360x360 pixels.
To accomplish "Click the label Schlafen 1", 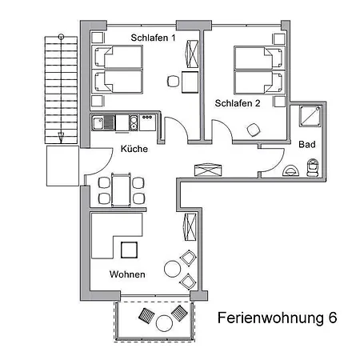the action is [153, 38].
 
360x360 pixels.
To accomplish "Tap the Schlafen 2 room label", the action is [238, 103].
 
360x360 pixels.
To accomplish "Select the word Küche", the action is [134, 149].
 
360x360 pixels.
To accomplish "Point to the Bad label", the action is [307, 144].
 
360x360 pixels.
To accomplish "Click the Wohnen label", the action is [127, 274].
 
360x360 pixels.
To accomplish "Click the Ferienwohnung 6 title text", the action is [277, 318].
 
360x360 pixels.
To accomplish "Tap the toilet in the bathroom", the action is [313, 167].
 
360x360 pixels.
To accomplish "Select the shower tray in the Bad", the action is [310, 116].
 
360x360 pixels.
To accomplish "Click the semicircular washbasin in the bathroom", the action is [290, 171].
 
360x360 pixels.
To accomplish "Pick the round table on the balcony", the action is [164, 323].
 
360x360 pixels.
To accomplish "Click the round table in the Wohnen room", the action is [173, 269].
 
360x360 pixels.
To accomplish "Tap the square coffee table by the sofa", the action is [130, 250].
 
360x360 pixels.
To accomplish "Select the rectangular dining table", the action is [121, 190].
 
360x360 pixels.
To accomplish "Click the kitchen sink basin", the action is [98, 123].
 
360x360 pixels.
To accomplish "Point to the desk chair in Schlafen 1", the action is [173, 81].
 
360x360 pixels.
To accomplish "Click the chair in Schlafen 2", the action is [254, 130].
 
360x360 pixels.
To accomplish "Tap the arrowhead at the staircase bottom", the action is [61, 138].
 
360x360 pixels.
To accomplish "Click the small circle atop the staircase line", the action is [61, 36].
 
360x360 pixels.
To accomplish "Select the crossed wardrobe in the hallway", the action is [208, 170].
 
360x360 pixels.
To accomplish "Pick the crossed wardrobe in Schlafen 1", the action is [192, 54].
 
